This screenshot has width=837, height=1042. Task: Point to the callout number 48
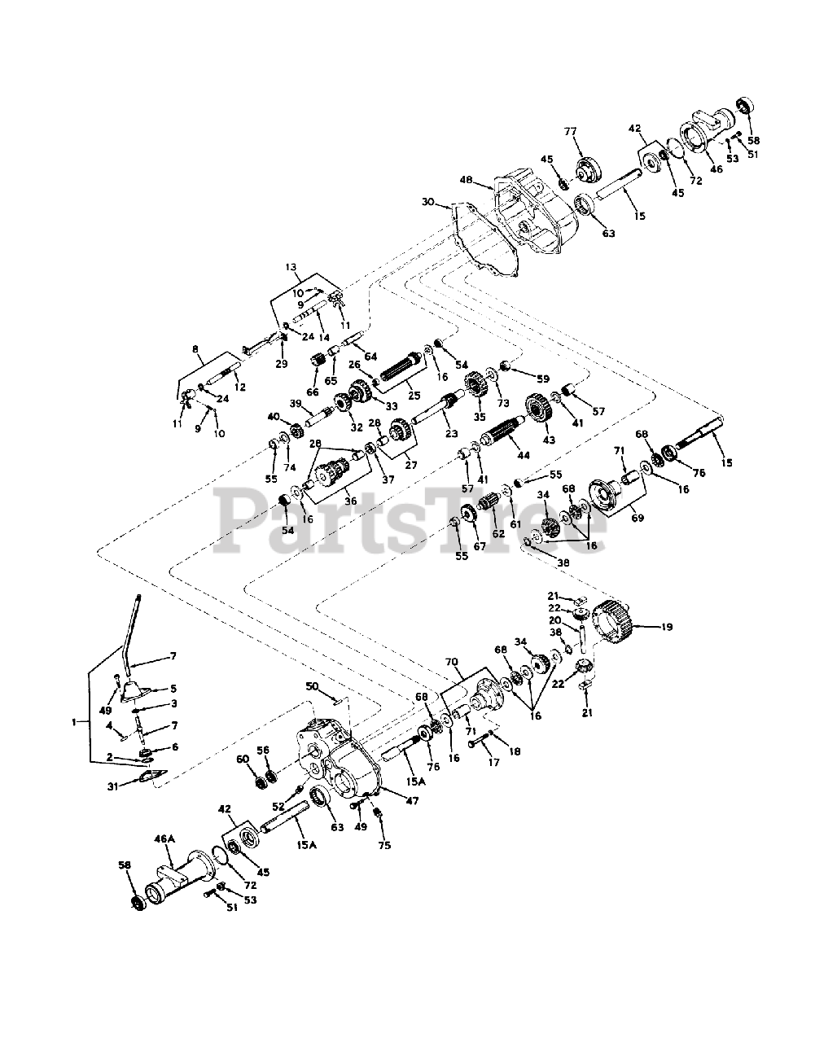click(466, 178)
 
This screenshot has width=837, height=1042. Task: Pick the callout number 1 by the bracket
click(76, 721)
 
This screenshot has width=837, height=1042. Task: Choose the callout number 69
click(638, 517)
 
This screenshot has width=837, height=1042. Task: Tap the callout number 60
click(242, 759)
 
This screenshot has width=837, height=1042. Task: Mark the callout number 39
click(296, 404)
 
